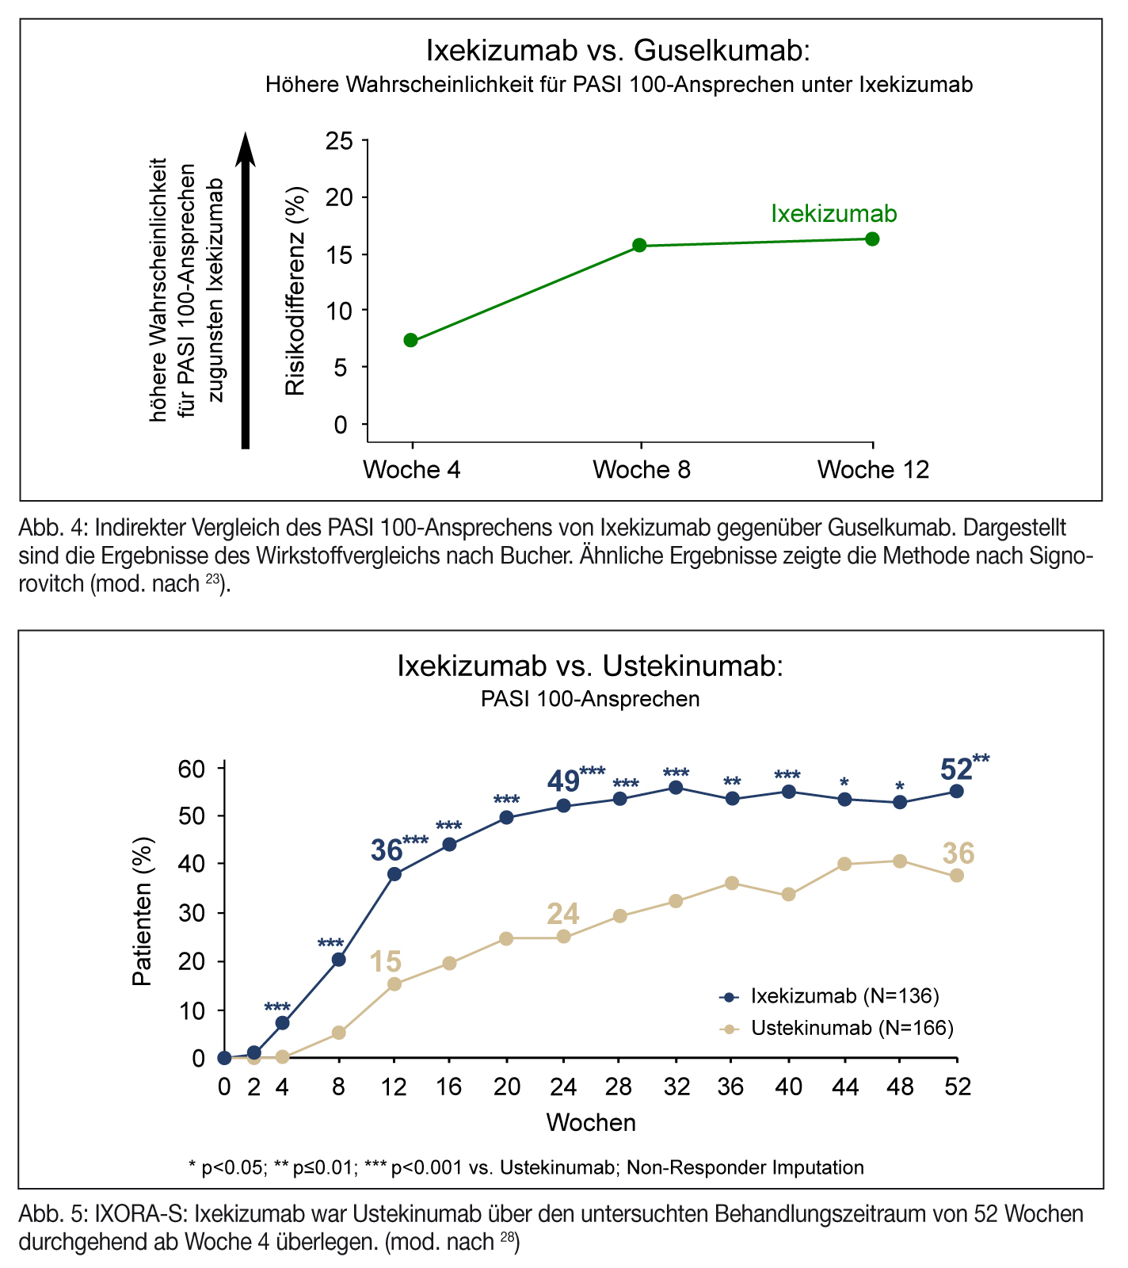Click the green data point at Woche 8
point(639,246)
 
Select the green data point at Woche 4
point(410,340)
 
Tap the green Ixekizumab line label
point(833,214)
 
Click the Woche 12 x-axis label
point(873,470)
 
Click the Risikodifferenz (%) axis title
point(295,290)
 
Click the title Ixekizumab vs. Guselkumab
point(619,51)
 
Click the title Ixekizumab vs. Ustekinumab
point(590,666)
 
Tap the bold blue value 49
point(563,782)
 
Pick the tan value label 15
point(386,962)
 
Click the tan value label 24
point(563,915)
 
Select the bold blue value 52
point(956,770)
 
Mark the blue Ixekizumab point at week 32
point(676,788)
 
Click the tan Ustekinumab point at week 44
point(844,864)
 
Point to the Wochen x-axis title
point(590,1122)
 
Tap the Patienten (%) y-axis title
point(142,911)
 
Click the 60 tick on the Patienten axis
point(194,769)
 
